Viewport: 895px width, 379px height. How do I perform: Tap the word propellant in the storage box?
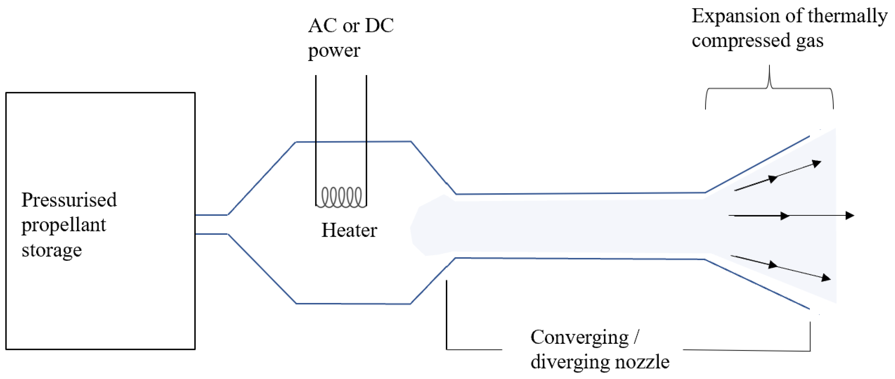click(x=64, y=225)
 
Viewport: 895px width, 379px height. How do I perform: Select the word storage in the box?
click(x=52, y=250)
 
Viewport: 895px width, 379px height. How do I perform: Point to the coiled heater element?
click(x=341, y=197)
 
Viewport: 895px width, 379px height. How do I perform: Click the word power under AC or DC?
click(x=334, y=51)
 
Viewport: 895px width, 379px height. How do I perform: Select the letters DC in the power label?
click(x=379, y=26)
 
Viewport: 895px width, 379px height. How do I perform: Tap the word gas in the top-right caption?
click(x=810, y=41)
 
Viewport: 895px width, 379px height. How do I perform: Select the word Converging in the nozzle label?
click(x=579, y=337)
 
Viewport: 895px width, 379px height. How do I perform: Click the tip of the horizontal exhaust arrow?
click(x=853, y=215)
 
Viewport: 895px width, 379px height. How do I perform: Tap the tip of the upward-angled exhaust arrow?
click(x=820, y=162)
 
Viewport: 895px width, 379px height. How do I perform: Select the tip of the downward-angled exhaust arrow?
click(x=830, y=278)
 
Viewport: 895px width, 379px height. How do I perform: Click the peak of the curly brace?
click(x=769, y=66)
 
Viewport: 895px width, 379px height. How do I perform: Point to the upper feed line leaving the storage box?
click(x=211, y=215)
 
